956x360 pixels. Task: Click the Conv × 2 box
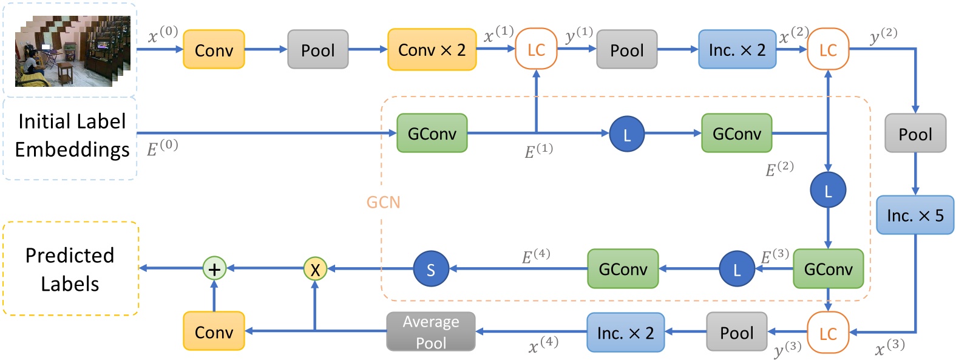(x=432, y=50)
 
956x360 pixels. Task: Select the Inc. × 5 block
(x=915, y=215)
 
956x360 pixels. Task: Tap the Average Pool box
(x=430, y=331)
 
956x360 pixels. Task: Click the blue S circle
(x=430, y=269)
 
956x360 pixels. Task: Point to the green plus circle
(x=214, y=268)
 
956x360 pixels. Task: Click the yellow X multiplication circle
(x=315, y=268)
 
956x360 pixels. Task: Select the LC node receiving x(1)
(x=536, y=50)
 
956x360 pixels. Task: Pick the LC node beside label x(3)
(x=828, y=333)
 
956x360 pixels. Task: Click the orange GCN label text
(x=383, y=202)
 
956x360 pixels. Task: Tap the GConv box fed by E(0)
(x=432, y=133)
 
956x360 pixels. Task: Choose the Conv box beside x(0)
(x=214, y=50)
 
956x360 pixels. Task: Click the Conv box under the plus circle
(x=214, y=331)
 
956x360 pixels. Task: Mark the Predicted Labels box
(x=70, y=269)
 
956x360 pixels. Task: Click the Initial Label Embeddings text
(x=72, y=135)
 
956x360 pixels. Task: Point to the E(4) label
(x=536, y=256)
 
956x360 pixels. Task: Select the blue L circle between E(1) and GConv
(x=626, y=134)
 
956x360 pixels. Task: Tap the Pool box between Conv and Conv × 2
(x=317, y=50)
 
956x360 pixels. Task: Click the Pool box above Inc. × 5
(x=915, y=134)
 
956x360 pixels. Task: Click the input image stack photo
(x=72, y=52)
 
